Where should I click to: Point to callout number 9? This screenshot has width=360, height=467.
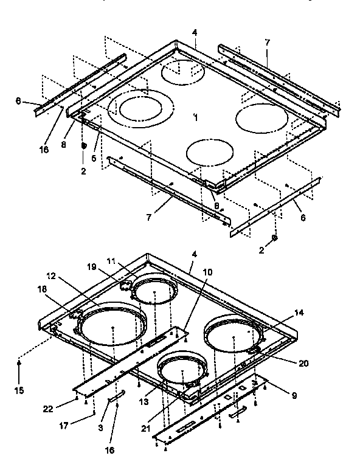(x=294, y=395)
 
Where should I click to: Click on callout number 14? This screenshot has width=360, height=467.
(x=297, y=313)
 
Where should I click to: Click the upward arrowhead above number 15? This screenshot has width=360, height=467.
(x=19, y=363)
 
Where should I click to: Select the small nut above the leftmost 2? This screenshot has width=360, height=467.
(x=84, y=146)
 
